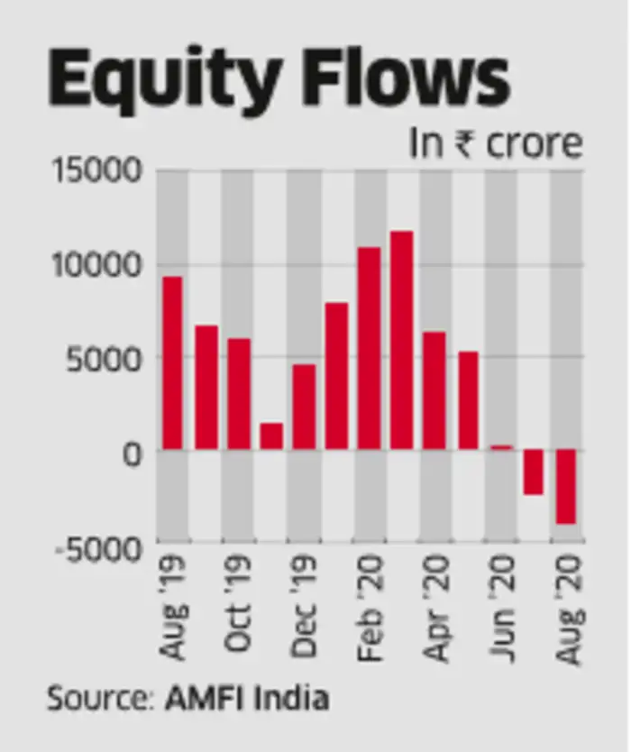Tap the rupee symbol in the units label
coord(466,144)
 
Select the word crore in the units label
coord(535,144)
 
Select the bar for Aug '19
coord(172,362)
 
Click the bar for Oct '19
coord(239,394)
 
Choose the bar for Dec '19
coord(304,407)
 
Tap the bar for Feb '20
coord(369,348)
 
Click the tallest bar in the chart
coord(401,340)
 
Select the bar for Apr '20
coord(434,390)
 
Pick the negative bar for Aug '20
coord(566,487)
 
